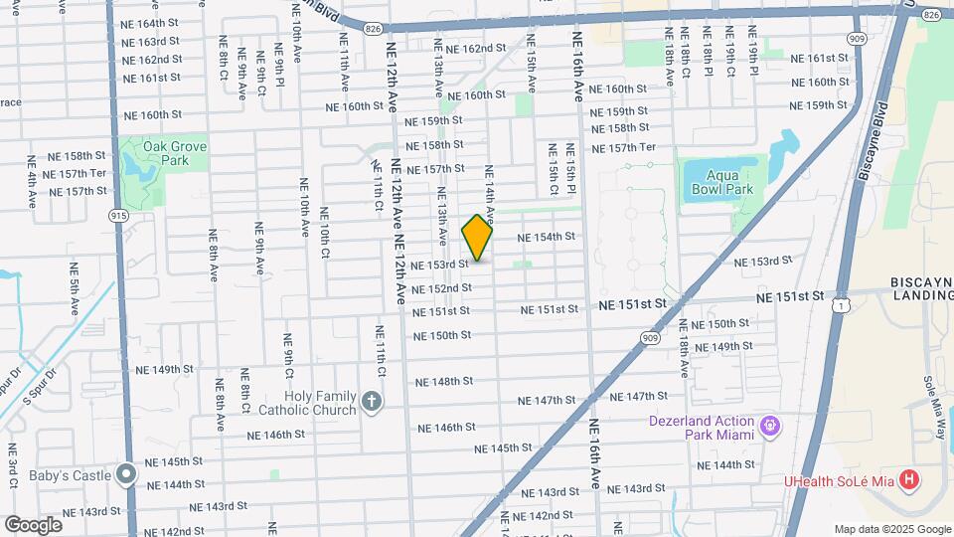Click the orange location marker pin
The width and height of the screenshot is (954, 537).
[x=478, y=238]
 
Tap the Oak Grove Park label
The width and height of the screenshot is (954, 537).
[x=166, y=153]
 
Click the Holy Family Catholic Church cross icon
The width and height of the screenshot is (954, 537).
[x=372, y=402]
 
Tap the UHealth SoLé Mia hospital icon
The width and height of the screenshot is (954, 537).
[x=908, y=482]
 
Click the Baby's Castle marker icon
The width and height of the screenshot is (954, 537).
[x=125, y=474]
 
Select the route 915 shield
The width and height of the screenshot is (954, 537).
[x=119, y=215]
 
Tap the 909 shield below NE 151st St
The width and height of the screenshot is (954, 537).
[x=650, y=338]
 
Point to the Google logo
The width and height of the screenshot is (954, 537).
[x=33, y=524]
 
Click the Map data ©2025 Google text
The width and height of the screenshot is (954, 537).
[x=891, y=529]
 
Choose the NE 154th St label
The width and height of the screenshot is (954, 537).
[x=548, y=237]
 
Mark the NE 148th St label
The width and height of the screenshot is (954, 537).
[x=444, y=382]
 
